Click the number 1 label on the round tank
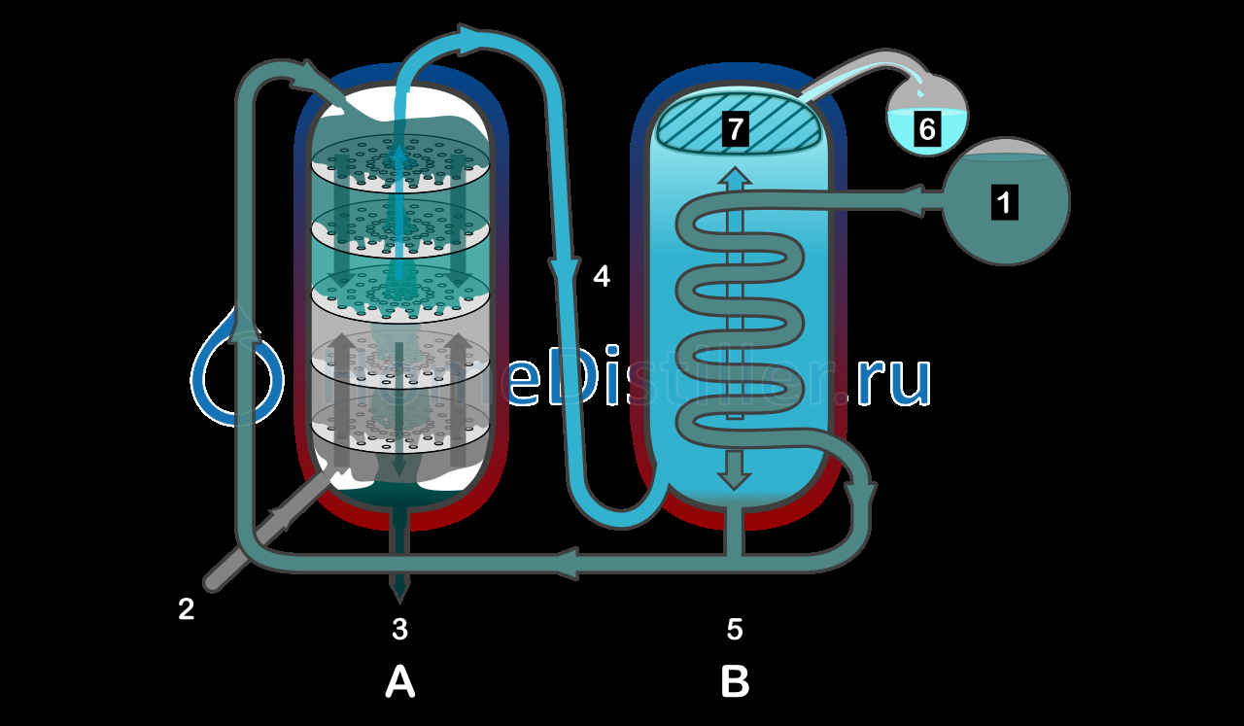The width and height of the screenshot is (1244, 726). click(1005, 202)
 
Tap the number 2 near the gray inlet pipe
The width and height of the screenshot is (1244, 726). click(186, 609)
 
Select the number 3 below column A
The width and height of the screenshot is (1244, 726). click(399, 630)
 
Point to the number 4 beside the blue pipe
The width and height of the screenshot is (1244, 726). click(602, 277)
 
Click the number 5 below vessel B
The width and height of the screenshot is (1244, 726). click(735, 630)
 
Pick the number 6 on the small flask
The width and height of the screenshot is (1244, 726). click(927, 129)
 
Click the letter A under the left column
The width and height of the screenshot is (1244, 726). click(399, 682)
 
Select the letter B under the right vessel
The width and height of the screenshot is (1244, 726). click(735, 682)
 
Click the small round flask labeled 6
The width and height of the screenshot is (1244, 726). click(927, 117)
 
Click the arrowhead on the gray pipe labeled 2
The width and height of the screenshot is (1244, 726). click(287, 516)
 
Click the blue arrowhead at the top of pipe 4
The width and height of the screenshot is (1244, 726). click(472, 39)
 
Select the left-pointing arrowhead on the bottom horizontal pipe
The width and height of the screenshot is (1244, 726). click(569, 562)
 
